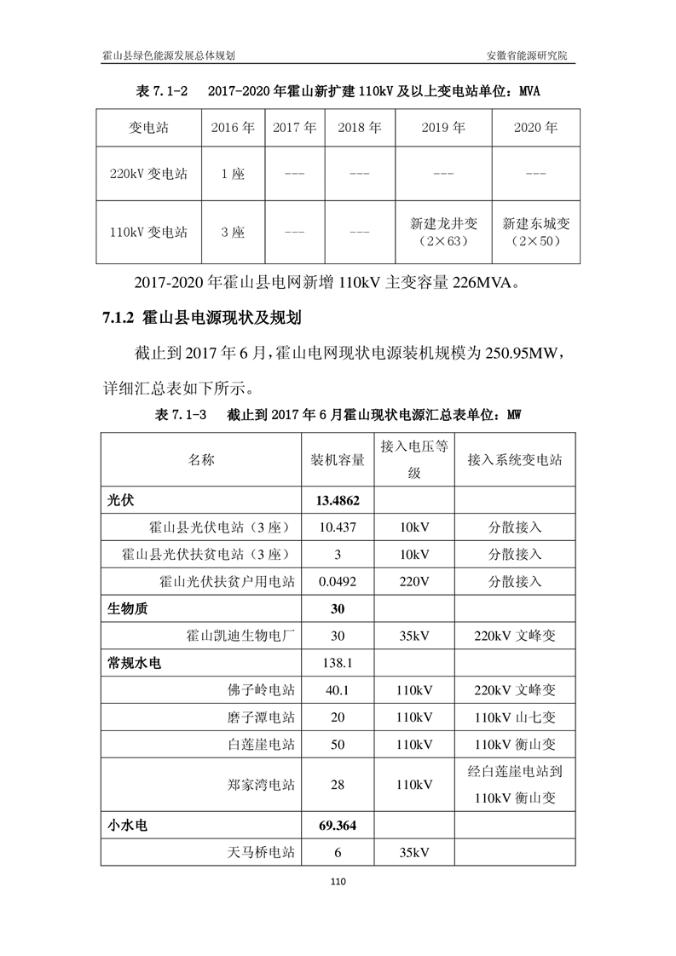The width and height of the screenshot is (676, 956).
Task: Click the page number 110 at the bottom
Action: pyautogui.click(x=338, y=882)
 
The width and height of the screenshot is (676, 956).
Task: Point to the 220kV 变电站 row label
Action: pyautogui.click(x=149, y=174)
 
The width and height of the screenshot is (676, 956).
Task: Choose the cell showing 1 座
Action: pyautogui.click(x=233, y=174)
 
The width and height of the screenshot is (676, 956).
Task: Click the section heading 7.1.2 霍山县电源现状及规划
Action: pyautogui.click(x=202, y=319)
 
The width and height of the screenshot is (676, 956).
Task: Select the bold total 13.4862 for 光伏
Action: pyautogui.click(x=337, y=500)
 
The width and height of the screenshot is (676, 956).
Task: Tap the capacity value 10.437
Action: pyautogui.click(x=337, y=527)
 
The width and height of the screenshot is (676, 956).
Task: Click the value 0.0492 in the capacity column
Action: pyautogui.click(x=337, y=582)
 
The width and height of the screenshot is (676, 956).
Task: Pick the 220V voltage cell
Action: pyautogui.click(x=414, y=582)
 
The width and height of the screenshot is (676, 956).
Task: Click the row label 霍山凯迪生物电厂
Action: pyautogui.click(x=240, y=636)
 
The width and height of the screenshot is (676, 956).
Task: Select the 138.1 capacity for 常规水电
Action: pyautogui.click(x=337, y=663)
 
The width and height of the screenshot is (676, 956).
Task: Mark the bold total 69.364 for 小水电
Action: pyautogui.click(x=337, y=825)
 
